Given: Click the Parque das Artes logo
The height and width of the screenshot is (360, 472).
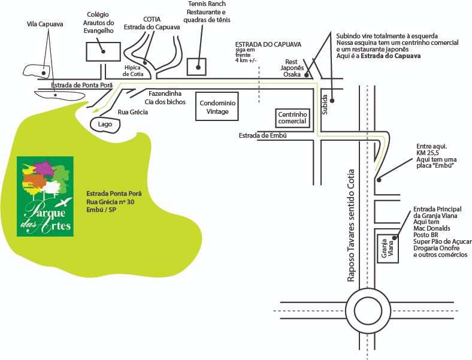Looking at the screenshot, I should pos(45,196).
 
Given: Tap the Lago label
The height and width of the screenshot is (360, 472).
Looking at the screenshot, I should pos(105,124).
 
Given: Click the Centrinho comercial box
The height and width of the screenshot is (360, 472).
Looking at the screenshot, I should pos(292,117).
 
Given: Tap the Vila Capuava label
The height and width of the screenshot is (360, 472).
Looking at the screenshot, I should pos(45,25).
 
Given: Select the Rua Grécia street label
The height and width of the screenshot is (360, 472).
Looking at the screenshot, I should pos(131,112).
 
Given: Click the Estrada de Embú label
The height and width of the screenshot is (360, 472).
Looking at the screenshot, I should pos(263,135).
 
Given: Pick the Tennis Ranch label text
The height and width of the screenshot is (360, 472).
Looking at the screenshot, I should pos(205,12).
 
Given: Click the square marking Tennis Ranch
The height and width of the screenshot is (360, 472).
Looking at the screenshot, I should pos(196,66).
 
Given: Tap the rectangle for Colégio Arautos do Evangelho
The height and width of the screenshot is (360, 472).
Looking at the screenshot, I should pos(104,52).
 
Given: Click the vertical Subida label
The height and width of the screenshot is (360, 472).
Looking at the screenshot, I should pos(325,104).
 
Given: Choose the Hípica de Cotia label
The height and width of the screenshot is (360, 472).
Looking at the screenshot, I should pos(132,71).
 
